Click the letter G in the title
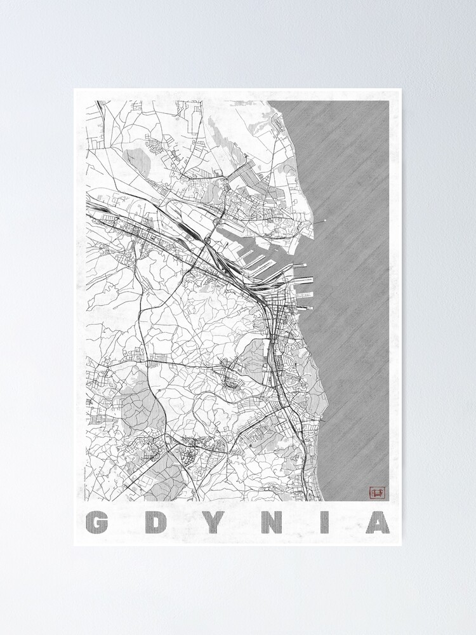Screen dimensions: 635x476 (96, 522)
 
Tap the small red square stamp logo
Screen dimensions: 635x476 (377, 492)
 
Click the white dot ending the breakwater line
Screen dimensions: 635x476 (326, 221)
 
